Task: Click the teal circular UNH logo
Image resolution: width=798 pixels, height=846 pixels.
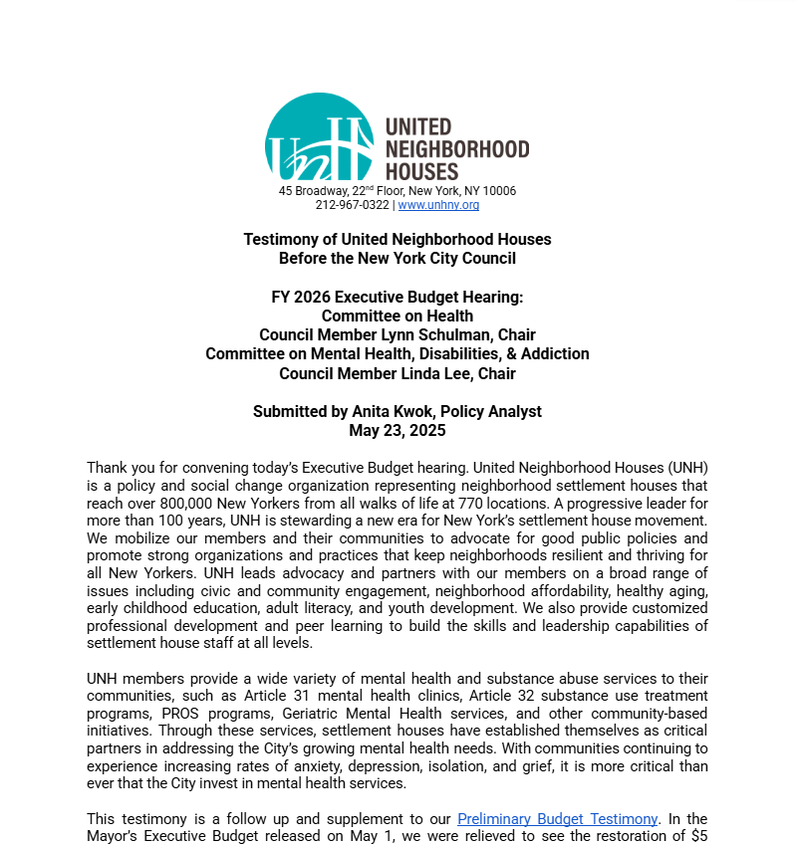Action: pos(319,138)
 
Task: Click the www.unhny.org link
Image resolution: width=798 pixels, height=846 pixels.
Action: pos(438,205)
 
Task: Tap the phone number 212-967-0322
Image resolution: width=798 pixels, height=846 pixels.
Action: pos(353,205)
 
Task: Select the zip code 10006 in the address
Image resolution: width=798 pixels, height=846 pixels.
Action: pos(499,191)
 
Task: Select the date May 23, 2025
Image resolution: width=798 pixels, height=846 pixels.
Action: pos(398,431)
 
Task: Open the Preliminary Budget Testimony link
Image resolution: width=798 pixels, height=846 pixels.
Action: pos(558,819)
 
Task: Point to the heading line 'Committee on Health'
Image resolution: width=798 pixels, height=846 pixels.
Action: pos(398,317)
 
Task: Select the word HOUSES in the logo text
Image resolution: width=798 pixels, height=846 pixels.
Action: pos(421,172)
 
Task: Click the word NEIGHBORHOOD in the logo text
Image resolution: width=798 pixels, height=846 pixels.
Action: pos(457,149)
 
